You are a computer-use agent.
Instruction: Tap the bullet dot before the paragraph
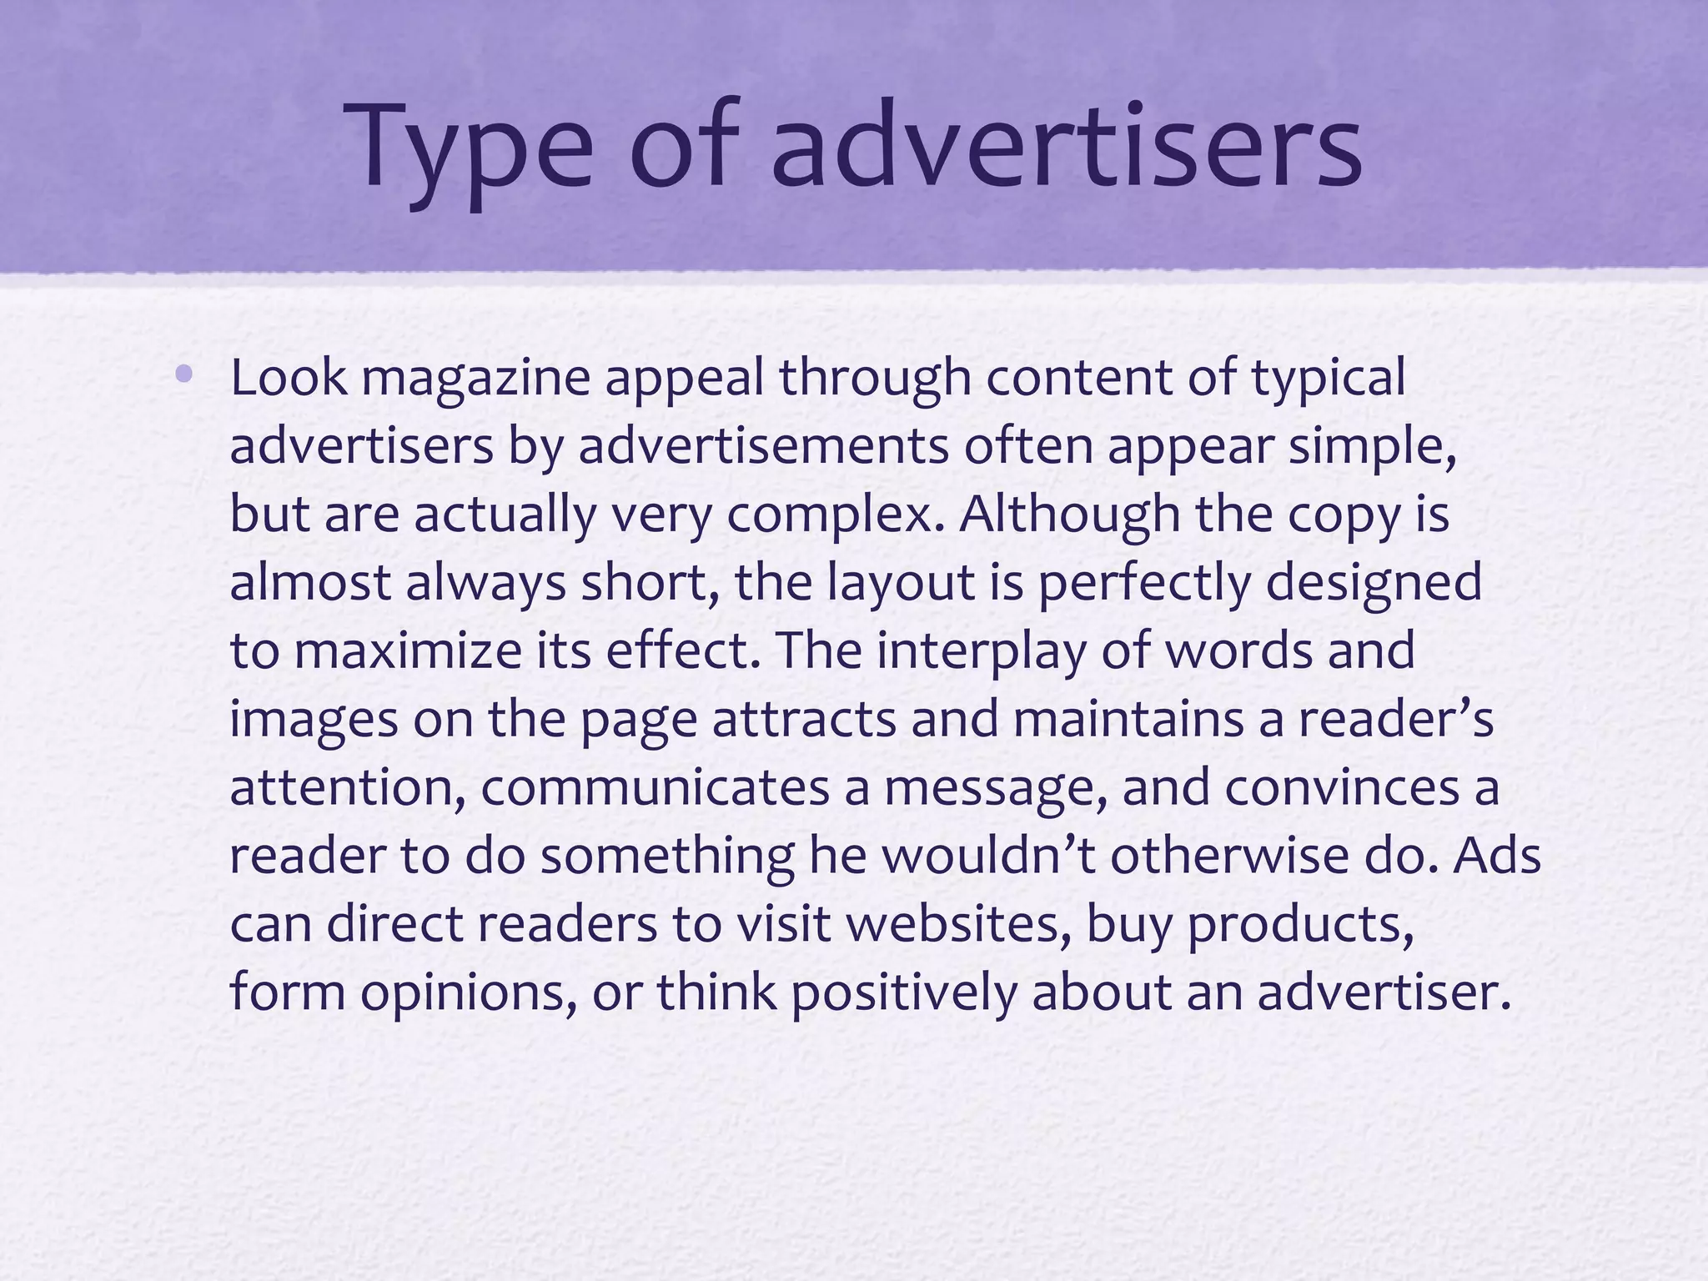(x=183, y=375)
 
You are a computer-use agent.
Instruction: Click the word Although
(x=1070, y=515)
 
